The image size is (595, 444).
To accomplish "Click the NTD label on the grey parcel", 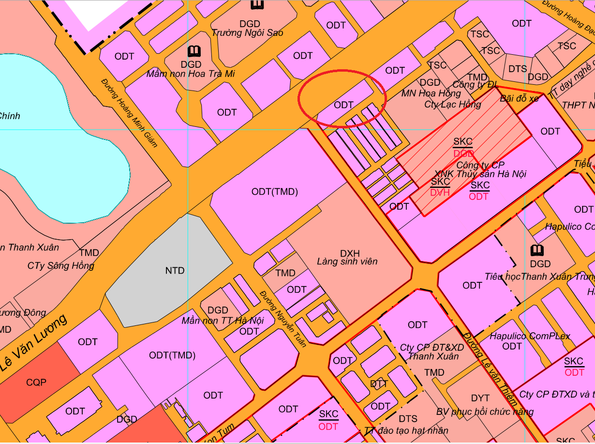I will (x=175, y=271).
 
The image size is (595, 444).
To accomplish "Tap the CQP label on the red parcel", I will (x=36, y=383).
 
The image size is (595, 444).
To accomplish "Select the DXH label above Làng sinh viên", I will (x=350, y=253).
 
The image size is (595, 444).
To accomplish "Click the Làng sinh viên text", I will (x=347, y=262).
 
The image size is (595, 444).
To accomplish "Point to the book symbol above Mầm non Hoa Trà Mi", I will (x=194, y=51).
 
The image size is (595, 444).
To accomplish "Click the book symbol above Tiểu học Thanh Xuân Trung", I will (x=536, y=251).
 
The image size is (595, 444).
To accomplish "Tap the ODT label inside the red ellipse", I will (x=343, y=105).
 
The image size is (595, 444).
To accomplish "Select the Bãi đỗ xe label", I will (x=519, y=98).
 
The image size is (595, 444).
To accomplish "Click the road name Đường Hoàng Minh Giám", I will (x=130, y=112).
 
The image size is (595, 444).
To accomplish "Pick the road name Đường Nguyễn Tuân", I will (x=283, y=318).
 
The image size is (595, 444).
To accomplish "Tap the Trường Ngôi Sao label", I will (x=247, y=33).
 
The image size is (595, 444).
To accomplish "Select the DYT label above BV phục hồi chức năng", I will (x=480, y=398).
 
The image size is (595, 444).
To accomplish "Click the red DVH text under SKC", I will (x=440, y=193).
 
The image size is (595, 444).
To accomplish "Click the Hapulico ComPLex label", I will (x=530, y=336).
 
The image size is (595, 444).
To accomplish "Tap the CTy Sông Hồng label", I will (x=60, y=265).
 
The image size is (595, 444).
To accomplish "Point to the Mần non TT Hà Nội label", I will (x=223, y=321).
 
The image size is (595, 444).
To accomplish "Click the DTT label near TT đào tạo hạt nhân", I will (x=379, y=384).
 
